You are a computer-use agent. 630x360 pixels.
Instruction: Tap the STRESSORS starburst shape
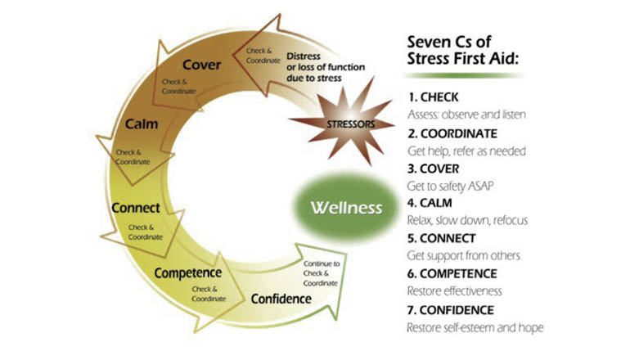pos(334,124)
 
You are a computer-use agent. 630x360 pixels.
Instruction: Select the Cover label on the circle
pos(202,65)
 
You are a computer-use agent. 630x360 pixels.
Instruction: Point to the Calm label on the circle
pos(141,124)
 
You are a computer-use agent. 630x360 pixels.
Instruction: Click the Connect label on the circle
pos(134,207)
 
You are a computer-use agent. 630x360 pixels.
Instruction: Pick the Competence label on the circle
pos(187,272)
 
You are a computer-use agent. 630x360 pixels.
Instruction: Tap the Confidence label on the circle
pos(281,299)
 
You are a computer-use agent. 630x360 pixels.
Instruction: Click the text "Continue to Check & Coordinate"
pos(321,273)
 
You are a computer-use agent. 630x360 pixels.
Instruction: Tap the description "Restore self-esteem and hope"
pos(475,328)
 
